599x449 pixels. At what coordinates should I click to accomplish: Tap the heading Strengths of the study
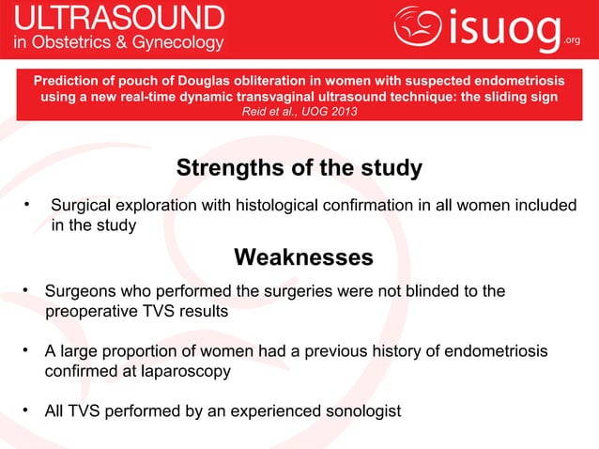coord(299,169)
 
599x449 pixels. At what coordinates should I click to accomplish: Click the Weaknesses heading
coord(302,257)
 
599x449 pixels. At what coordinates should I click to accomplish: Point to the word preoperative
coord(92,312)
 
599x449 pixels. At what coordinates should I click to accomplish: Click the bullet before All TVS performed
coord(30,410)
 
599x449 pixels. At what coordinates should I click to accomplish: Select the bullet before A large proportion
coord(30,351)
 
